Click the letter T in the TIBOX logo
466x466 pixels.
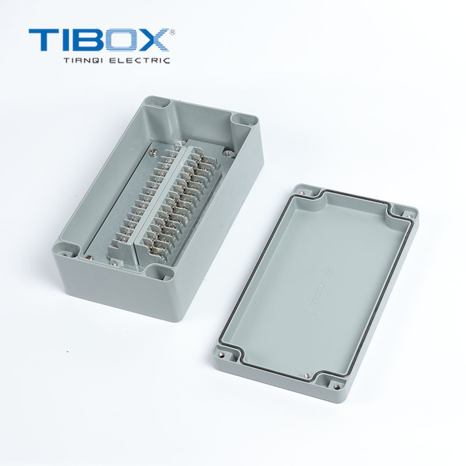(43, 40)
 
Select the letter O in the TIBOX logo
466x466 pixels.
(123, 40)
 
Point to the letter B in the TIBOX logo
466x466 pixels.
(92, 40)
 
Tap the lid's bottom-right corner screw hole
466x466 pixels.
(336, 385)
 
